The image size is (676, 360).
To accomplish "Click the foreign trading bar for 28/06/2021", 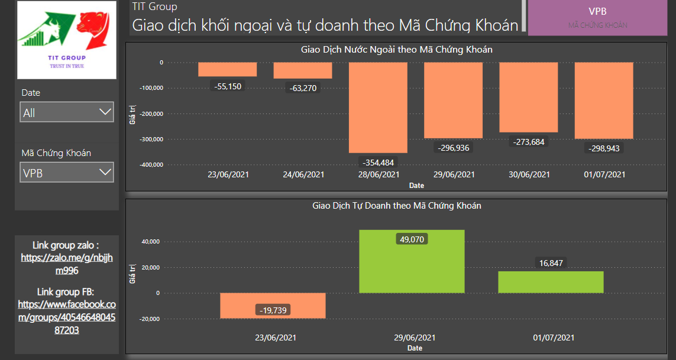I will (378, 106).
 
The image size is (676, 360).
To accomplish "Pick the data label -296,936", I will (454, 147).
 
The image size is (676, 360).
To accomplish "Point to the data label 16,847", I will (551, 263).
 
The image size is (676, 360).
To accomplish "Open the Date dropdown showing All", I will (67, 112).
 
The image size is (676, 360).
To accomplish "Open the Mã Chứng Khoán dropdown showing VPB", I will (67, 173).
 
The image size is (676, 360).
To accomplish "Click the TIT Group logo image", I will (67, 40).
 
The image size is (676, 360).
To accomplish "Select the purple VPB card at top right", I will (597, 18).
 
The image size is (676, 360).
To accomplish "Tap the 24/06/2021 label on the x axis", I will (303, 174).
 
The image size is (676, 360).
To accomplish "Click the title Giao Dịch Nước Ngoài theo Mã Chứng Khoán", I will (396, 50).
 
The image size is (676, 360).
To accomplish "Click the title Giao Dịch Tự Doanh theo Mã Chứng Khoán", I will (396, 206).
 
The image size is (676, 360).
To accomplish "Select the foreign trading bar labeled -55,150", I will (227, 69).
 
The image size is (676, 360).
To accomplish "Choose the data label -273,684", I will (529, 142).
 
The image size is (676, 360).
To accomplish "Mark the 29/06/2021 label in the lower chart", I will (415, 338).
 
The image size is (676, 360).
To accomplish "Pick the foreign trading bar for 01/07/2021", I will (604, 100).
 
